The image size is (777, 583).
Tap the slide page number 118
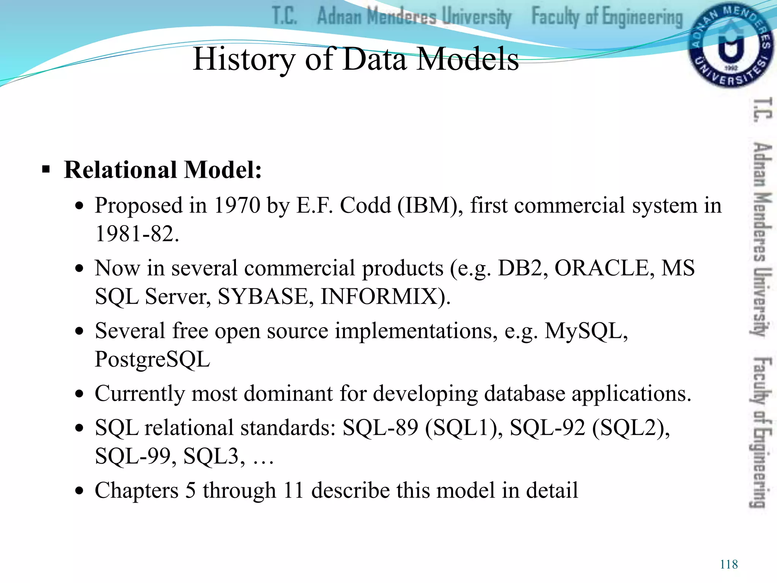(x=729, y=564)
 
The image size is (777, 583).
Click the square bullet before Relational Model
(x=46, y=169)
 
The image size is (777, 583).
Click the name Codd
(x=365, y=205)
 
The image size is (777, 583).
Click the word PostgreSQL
(x=152, y=359)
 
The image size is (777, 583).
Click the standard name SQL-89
(x=380, y=428)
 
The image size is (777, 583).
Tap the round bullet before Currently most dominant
(x=79, y=394)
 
